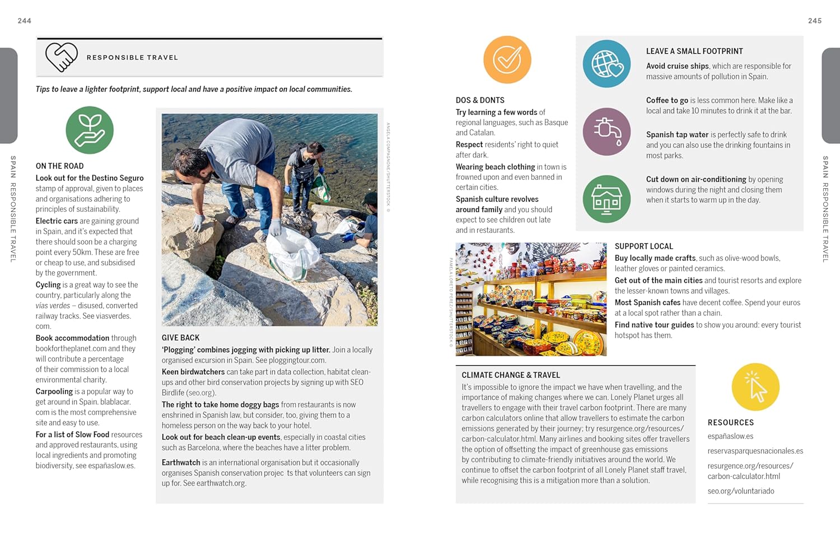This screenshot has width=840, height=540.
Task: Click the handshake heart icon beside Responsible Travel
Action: tap(61, 57)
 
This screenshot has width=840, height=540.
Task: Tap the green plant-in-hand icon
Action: tap(90, 131)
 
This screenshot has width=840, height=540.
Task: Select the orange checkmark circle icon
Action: tap(507, 60)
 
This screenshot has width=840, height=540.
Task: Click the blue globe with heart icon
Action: tap(606, 64)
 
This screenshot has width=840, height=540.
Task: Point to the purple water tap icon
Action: tap(606, 132)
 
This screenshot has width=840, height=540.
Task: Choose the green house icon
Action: tap(606, 199)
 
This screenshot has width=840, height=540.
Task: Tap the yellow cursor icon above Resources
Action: tap(755, 387)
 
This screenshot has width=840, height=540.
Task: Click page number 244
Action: tap(25, 21)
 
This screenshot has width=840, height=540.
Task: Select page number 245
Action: tap(815, 21)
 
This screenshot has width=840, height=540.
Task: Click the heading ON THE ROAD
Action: tap(59, 166)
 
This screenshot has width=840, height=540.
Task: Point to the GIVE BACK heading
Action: tap(180, 338)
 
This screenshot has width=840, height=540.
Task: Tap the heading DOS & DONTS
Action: tap(480, 100)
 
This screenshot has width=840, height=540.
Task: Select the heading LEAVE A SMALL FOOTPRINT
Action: tap(694, 51)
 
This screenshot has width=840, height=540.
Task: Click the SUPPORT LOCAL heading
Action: tap(643, 246)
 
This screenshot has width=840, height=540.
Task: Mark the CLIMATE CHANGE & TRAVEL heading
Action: tap(511, 375)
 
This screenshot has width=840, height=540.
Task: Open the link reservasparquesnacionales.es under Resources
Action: tap(755, 451)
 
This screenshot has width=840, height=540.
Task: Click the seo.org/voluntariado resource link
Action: tap(740, 491)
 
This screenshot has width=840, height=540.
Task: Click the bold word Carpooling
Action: tap(54, 392)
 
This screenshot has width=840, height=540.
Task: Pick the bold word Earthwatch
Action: tap(181, 463)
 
